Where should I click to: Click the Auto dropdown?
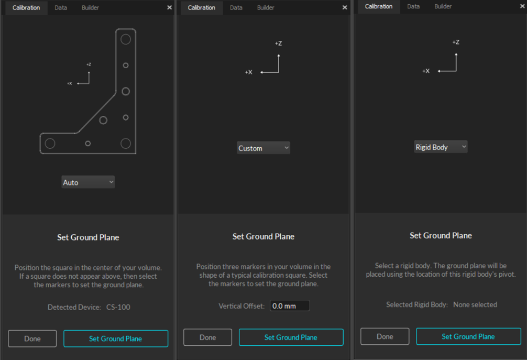[88, 182]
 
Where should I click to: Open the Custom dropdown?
[263, 148]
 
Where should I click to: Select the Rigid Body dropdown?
[441, 147]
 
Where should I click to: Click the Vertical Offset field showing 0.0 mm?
[290, 306]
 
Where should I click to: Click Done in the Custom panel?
[207, 337]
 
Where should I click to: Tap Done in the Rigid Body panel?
[385, 336]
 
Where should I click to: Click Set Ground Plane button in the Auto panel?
[116, 339]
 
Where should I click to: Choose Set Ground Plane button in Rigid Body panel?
[468, 336]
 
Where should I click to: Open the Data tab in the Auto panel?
[61, 8]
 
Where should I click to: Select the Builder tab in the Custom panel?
[266, 8]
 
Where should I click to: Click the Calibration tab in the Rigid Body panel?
[379, 6]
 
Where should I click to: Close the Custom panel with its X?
[345, 7]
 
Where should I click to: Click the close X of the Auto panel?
[169, 7]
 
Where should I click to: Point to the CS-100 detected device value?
[118, 307]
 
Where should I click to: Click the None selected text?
[475, 304]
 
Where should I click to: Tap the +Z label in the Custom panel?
[278, 43]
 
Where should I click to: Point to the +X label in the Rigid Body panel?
[426, 71]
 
